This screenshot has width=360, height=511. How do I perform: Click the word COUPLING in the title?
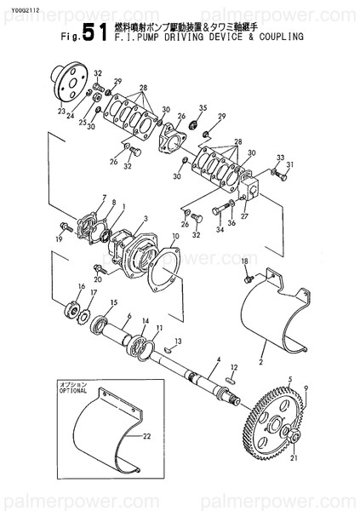277,38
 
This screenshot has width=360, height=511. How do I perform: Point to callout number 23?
61,111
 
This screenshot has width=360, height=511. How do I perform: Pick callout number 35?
202,108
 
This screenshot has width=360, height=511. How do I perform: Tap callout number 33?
280,158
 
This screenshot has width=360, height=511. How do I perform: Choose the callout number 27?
244,216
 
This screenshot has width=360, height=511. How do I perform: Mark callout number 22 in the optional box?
146,437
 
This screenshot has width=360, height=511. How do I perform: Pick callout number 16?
82,286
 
